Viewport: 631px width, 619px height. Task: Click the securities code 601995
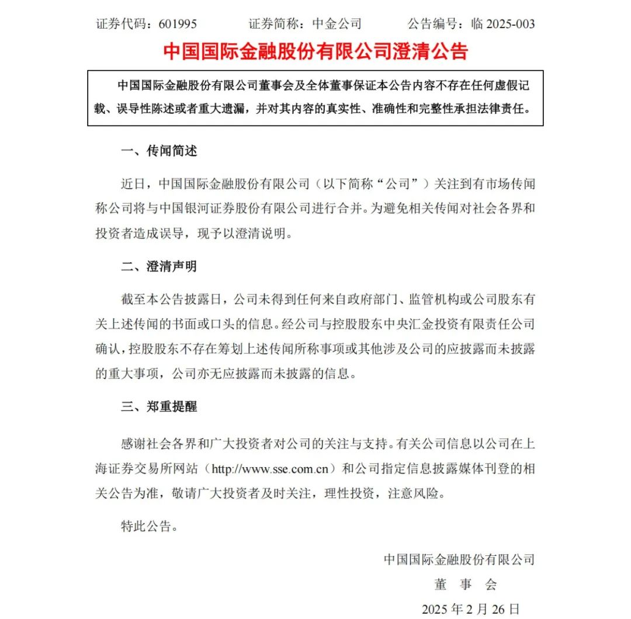(174, 24)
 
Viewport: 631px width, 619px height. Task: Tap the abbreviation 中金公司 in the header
(337, 24)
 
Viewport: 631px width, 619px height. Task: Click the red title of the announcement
(315, 51)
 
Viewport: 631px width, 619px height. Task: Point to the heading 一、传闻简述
(159, 151)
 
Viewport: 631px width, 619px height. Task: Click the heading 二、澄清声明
(159, 266)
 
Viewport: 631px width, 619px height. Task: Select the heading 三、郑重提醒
(159, 407)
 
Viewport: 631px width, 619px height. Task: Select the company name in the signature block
(459, 559)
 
